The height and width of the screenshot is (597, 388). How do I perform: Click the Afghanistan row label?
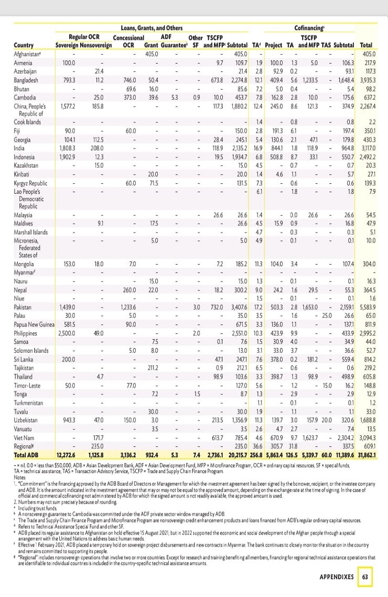coord(29,54)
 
